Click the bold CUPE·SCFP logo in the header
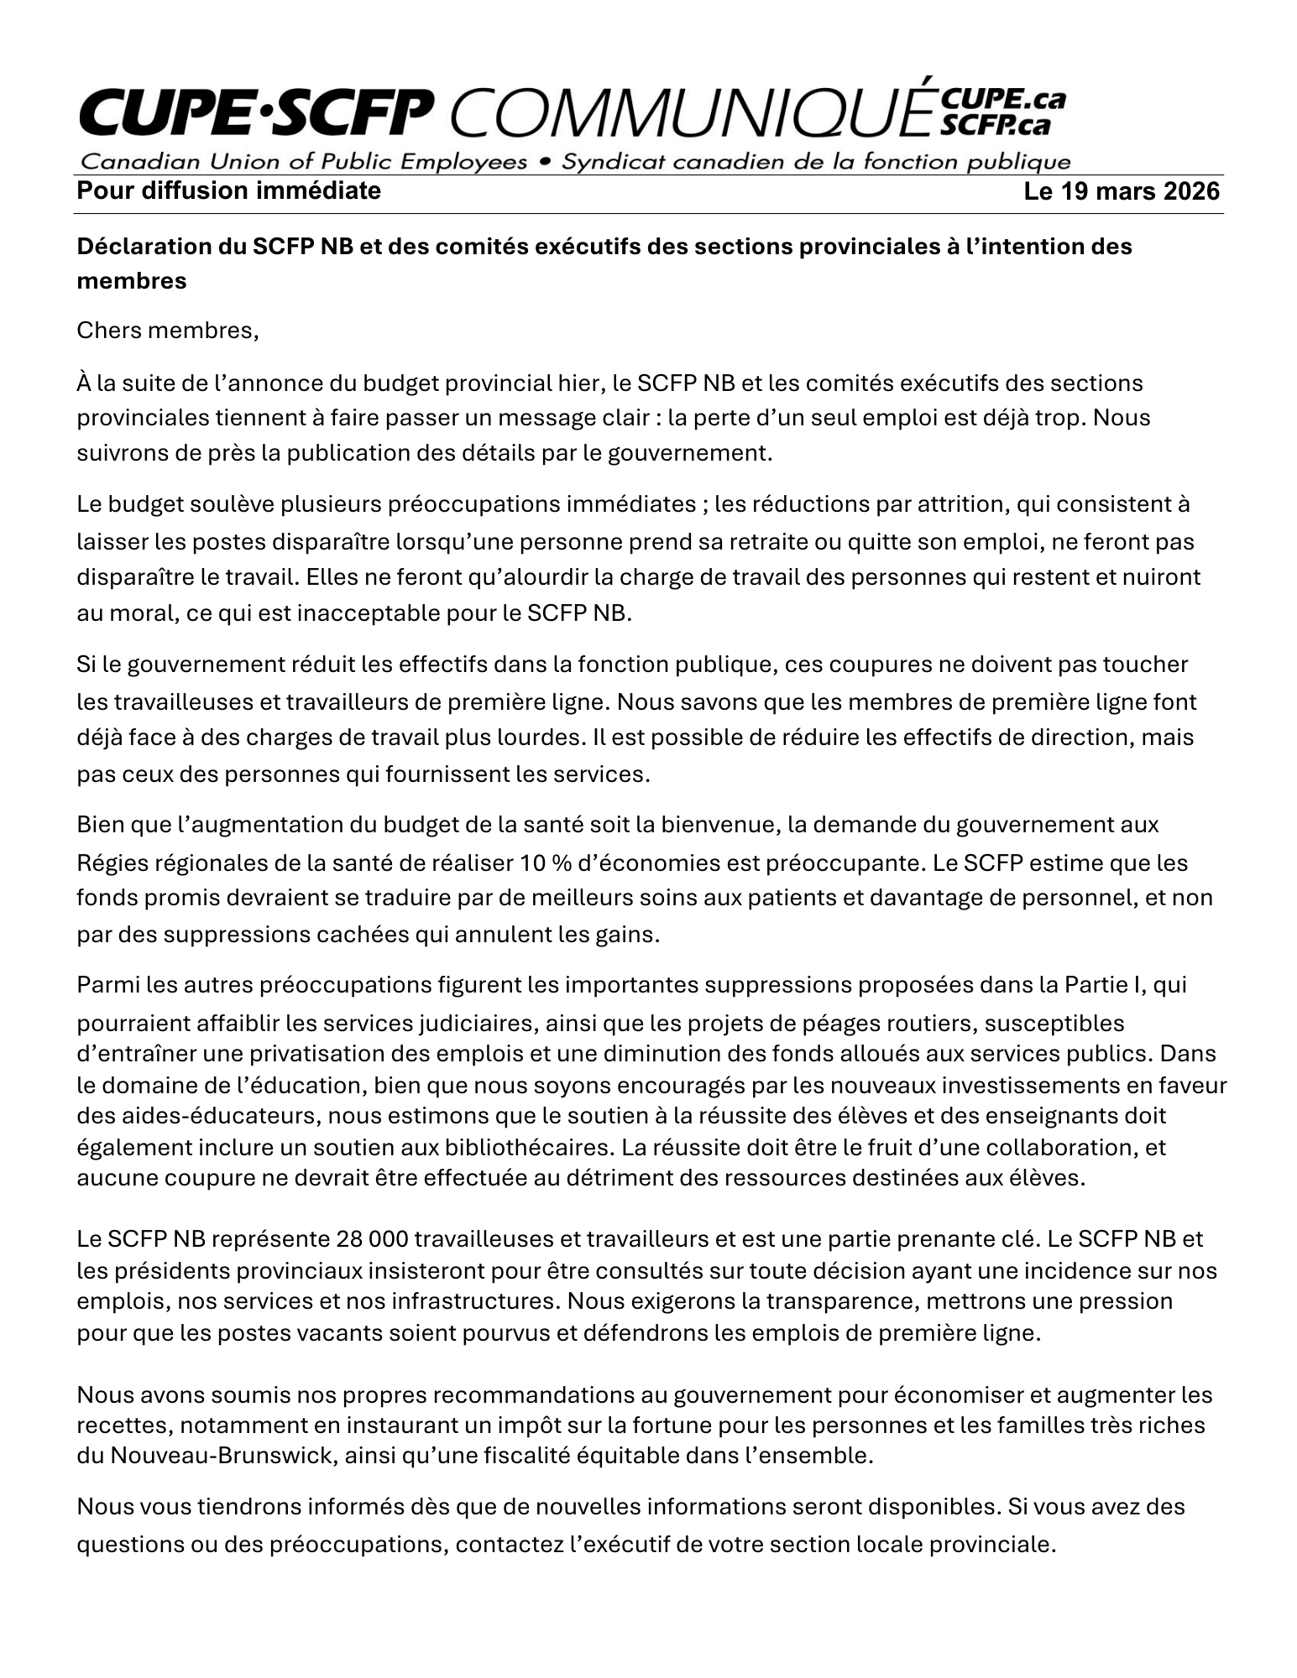tap(257, 117)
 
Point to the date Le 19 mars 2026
tap(1122, 192)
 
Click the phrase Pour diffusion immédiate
tap(228, 191)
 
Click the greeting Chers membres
tap(167, 331)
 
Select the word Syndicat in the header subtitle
tap(596, 162)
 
